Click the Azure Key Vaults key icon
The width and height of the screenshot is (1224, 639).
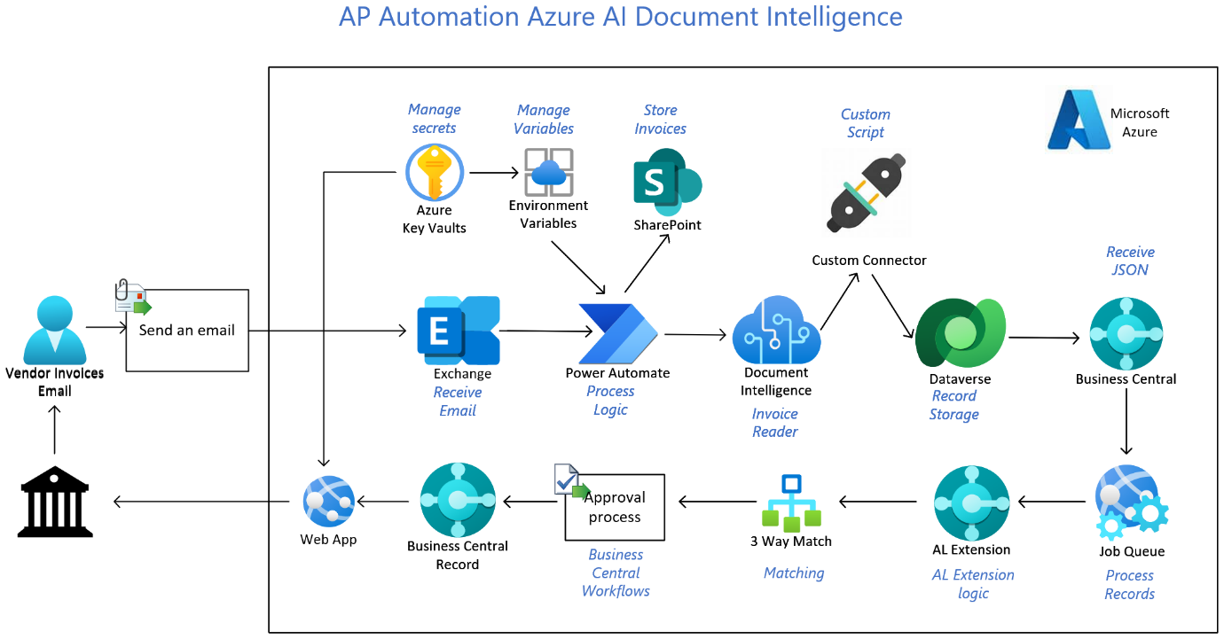click(435, 173)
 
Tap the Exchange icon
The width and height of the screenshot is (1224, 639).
click(459, 331)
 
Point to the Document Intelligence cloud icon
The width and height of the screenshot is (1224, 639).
click(775, 331)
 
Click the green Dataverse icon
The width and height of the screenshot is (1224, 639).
click(961, 333)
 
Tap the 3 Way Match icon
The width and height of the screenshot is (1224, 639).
click(791, 503)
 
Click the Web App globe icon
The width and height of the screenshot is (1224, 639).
click(329, 502)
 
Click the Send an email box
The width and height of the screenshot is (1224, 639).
click(187, 330)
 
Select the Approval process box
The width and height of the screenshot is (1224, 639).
click(615, 507)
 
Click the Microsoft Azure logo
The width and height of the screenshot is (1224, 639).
click(1079, 119)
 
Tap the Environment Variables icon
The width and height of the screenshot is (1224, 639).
click(548, 172)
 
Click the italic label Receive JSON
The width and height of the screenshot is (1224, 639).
click(1130, 261)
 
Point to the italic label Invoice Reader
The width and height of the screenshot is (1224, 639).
click(775, 423)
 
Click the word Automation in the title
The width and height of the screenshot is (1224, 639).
click(443, 17)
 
